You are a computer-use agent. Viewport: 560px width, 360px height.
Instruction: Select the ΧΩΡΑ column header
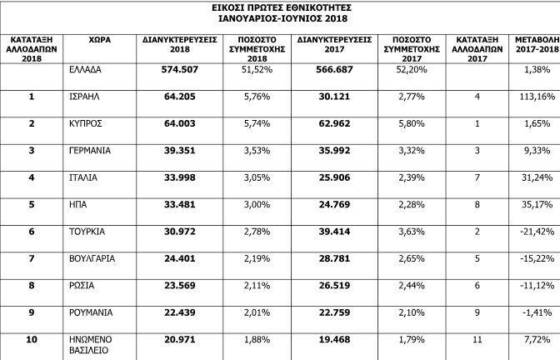[101, 39]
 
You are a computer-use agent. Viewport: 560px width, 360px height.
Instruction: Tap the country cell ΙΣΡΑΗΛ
[87, 97]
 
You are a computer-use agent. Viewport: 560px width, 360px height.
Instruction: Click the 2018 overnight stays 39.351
[182, 150]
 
